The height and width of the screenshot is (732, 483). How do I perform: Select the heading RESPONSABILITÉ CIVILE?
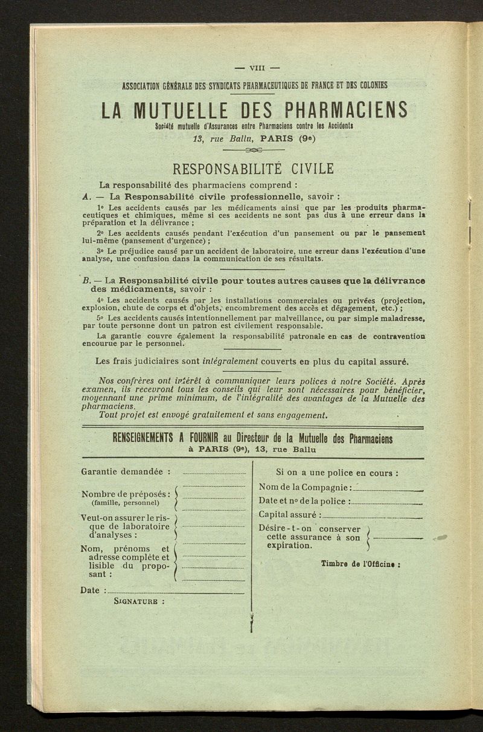(253, 169)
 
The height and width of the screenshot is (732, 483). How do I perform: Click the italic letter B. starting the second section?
(85, 280)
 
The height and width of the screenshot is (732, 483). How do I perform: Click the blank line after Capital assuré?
(372, 516)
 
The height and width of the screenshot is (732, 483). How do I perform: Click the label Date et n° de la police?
(304, 501)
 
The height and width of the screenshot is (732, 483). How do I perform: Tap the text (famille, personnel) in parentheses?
(125, 502)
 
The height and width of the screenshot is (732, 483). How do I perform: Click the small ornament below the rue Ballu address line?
(253, 150)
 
